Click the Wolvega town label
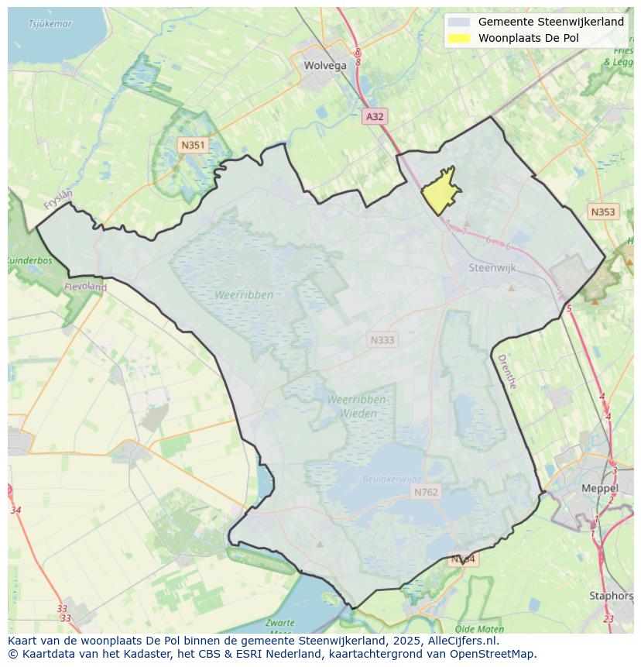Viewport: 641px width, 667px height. click(x=325, y=65)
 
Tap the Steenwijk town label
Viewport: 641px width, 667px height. click(x=492, y=268)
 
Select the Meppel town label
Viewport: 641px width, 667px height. click(x=600, y=489)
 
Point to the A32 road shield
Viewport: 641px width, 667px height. click(x=375, y=116)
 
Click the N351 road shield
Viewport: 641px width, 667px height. click(x=193, y=145)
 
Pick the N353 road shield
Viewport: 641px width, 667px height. click(x=602, y=211)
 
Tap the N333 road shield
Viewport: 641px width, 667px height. click(x=382, y=340)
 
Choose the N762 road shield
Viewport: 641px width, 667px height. click(x=426, y=492)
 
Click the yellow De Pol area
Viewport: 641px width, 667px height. click(x=440, y=191)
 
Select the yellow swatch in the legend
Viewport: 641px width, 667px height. click(x=459, y=38)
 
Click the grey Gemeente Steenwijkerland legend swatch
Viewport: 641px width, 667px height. click(x=459, y=22)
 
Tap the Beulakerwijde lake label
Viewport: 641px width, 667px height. click(x=393, y=480)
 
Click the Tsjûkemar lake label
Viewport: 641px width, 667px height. click(x=50, y=24)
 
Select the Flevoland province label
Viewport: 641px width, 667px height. click(x=85, y=287)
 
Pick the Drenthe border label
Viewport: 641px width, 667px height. click(x=506, y=372)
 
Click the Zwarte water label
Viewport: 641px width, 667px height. click(x=279, y=623)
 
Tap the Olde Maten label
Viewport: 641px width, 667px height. click(x=480, y=629)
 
